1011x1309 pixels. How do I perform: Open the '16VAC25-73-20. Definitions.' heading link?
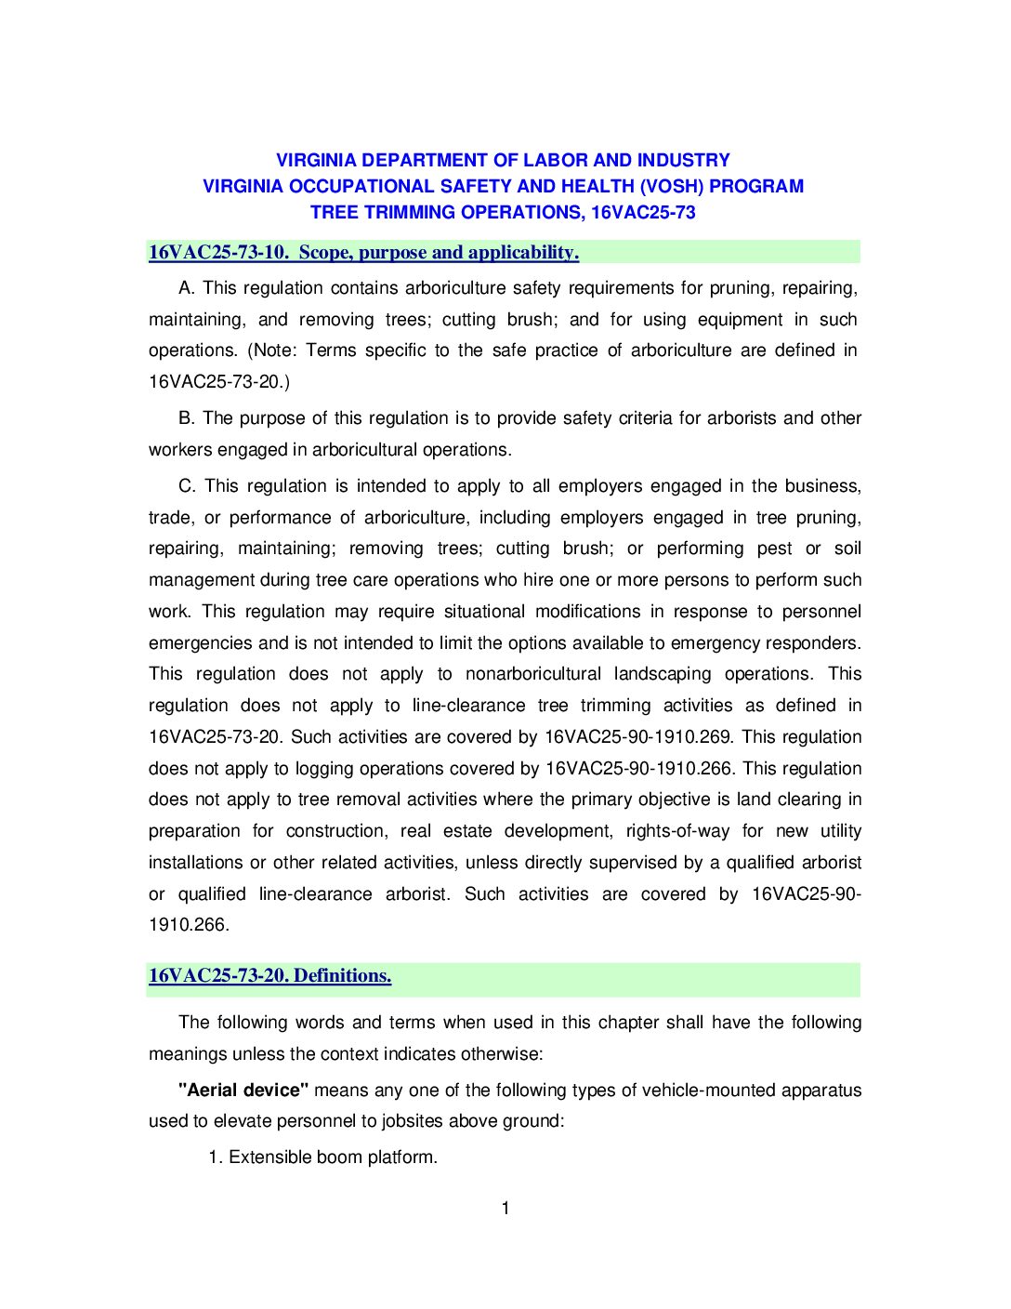(269, 975)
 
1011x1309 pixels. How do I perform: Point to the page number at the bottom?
(505, 1209)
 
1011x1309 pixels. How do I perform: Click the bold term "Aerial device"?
(243, 1090)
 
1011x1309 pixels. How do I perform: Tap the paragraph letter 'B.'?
(187, 417)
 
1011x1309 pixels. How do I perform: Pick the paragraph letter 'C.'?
(188, 485)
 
